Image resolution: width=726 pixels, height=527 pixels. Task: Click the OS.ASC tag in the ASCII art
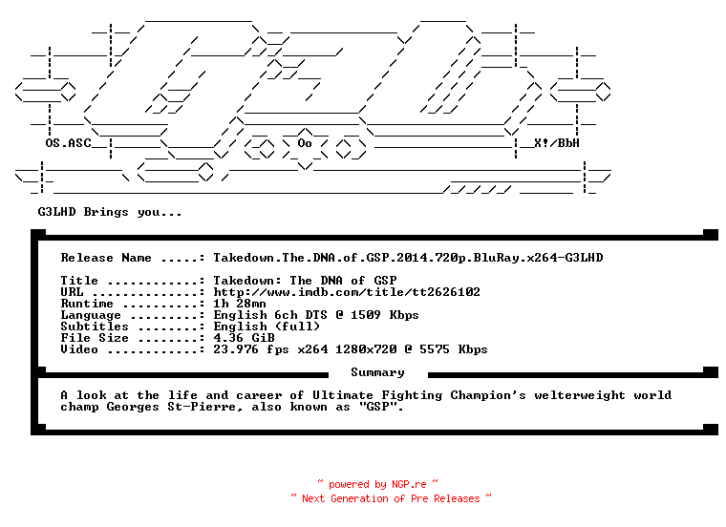tap(68, 143)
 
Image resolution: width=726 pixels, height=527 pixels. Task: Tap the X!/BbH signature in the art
tap(557, 143)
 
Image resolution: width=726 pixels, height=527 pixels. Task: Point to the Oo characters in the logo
tap(305, 143)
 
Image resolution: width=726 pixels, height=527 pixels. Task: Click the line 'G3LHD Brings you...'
tap(110, 212)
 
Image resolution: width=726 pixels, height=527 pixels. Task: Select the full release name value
tap(408, 258)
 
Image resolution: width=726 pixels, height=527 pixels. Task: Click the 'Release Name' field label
tap(106, 258)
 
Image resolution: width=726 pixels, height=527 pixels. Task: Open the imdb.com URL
tap(347, 292)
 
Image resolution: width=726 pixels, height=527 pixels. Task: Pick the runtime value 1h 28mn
tap(240, 304)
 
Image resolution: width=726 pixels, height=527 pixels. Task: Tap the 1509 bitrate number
tap(365, 315)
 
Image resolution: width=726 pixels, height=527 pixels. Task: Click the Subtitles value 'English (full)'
tap(267, 327)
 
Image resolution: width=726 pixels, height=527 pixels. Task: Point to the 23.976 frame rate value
tap(236, 349)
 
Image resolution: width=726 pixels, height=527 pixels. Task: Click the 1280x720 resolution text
tap(366, 349)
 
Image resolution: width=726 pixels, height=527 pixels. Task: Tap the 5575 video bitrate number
tap(435, 349)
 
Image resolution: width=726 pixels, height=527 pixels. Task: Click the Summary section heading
tap(377, 372)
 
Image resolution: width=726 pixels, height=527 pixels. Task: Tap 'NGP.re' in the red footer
tap(409, 484)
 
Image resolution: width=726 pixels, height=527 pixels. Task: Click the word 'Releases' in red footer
tap(457, 498)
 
